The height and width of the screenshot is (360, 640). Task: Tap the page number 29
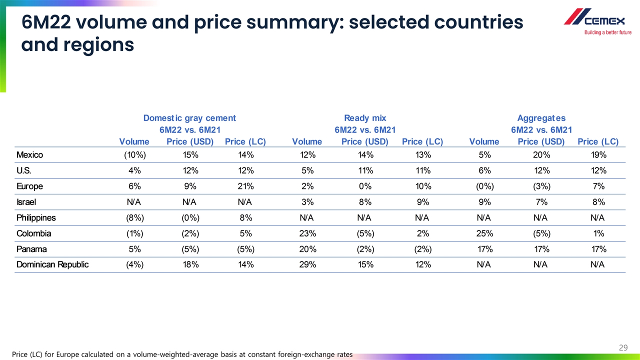(623, 347)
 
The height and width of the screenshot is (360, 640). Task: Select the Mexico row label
(29, 154)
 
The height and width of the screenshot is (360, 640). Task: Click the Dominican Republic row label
(52, 264)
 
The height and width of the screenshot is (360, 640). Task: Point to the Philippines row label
(36, 217)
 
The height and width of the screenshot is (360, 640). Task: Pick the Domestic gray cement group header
(189, 118)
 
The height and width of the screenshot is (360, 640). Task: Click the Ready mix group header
(365, 118)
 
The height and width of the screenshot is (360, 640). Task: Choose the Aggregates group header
(541, 118)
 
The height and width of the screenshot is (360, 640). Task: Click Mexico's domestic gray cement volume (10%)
(134, 154)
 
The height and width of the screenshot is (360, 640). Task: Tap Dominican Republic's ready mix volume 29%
(307, 264)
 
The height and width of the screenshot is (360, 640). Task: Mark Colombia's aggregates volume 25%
(484, 233)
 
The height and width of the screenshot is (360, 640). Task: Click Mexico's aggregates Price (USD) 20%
(541, 154)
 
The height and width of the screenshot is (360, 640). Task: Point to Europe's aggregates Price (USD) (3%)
(541, 186)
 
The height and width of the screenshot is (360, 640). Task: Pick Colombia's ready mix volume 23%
(307, 233)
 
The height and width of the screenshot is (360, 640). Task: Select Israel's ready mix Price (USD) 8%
(365, 202)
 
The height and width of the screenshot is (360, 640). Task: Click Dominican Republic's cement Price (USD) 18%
(190, 264)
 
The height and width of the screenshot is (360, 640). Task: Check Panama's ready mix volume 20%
(307, 249)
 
